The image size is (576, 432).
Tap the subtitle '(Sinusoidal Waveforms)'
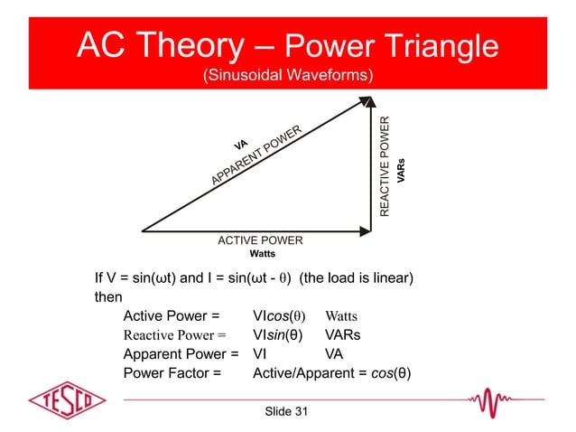287,75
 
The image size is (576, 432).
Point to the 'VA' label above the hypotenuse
240,145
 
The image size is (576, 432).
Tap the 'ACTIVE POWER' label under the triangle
260,240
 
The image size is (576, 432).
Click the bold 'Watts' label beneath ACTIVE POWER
262,254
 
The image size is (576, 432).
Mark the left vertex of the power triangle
143,230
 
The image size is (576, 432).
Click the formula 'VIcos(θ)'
279,316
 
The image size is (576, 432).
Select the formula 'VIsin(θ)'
277,335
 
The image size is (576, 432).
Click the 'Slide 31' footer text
286,412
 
